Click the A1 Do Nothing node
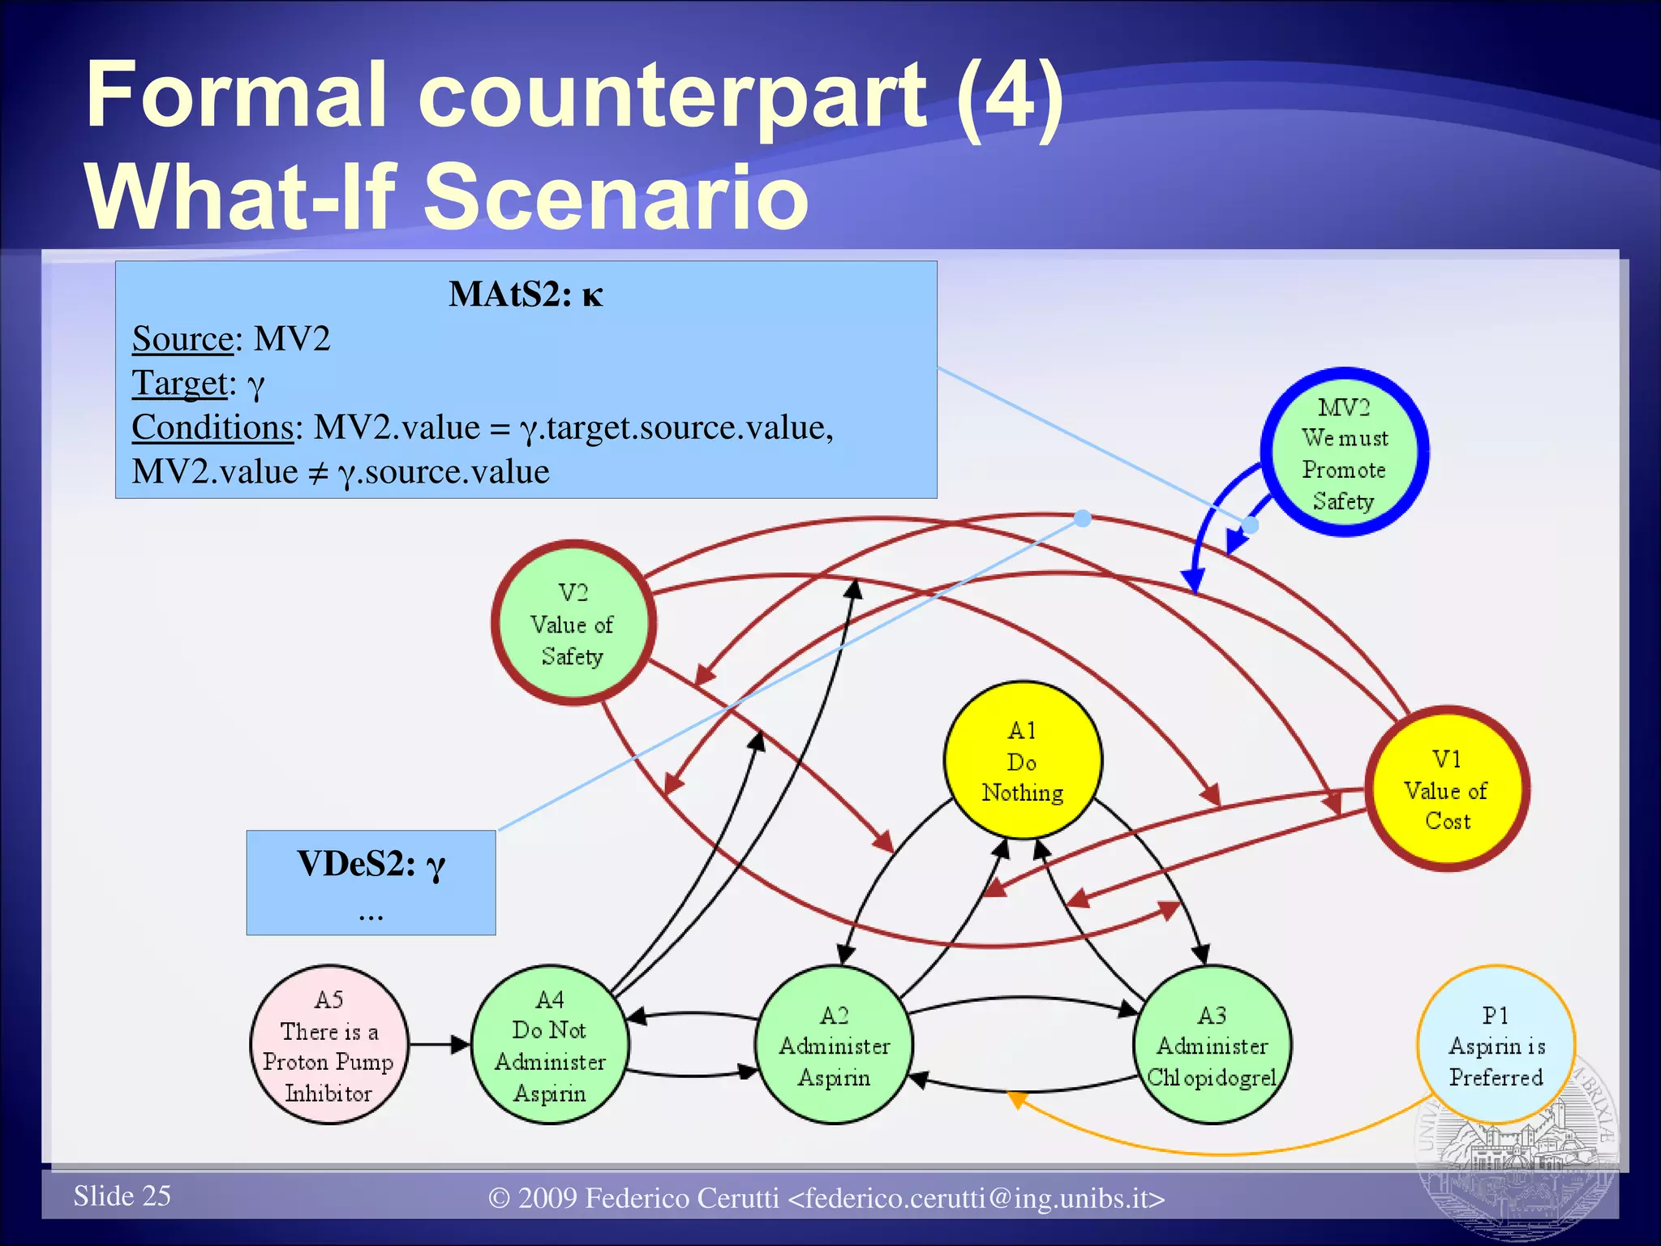(1023, 760)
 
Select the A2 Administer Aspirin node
(834, 1045)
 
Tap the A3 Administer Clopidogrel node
(1212, 1045)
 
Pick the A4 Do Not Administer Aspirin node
(550, 1045)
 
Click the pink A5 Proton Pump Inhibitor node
(328, 1045)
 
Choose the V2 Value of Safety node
(573, 623)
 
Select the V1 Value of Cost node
(1447, 789)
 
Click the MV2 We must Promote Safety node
(1344, 453)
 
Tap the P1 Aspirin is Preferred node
(1496, 1045)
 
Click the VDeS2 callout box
(371, 883)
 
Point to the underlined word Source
(182, 338)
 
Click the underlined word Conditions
(212, 427)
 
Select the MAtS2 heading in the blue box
(526, 294)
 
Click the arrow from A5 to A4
(439, 1045)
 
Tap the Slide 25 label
(122, 1196)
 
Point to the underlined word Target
(179, 383)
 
